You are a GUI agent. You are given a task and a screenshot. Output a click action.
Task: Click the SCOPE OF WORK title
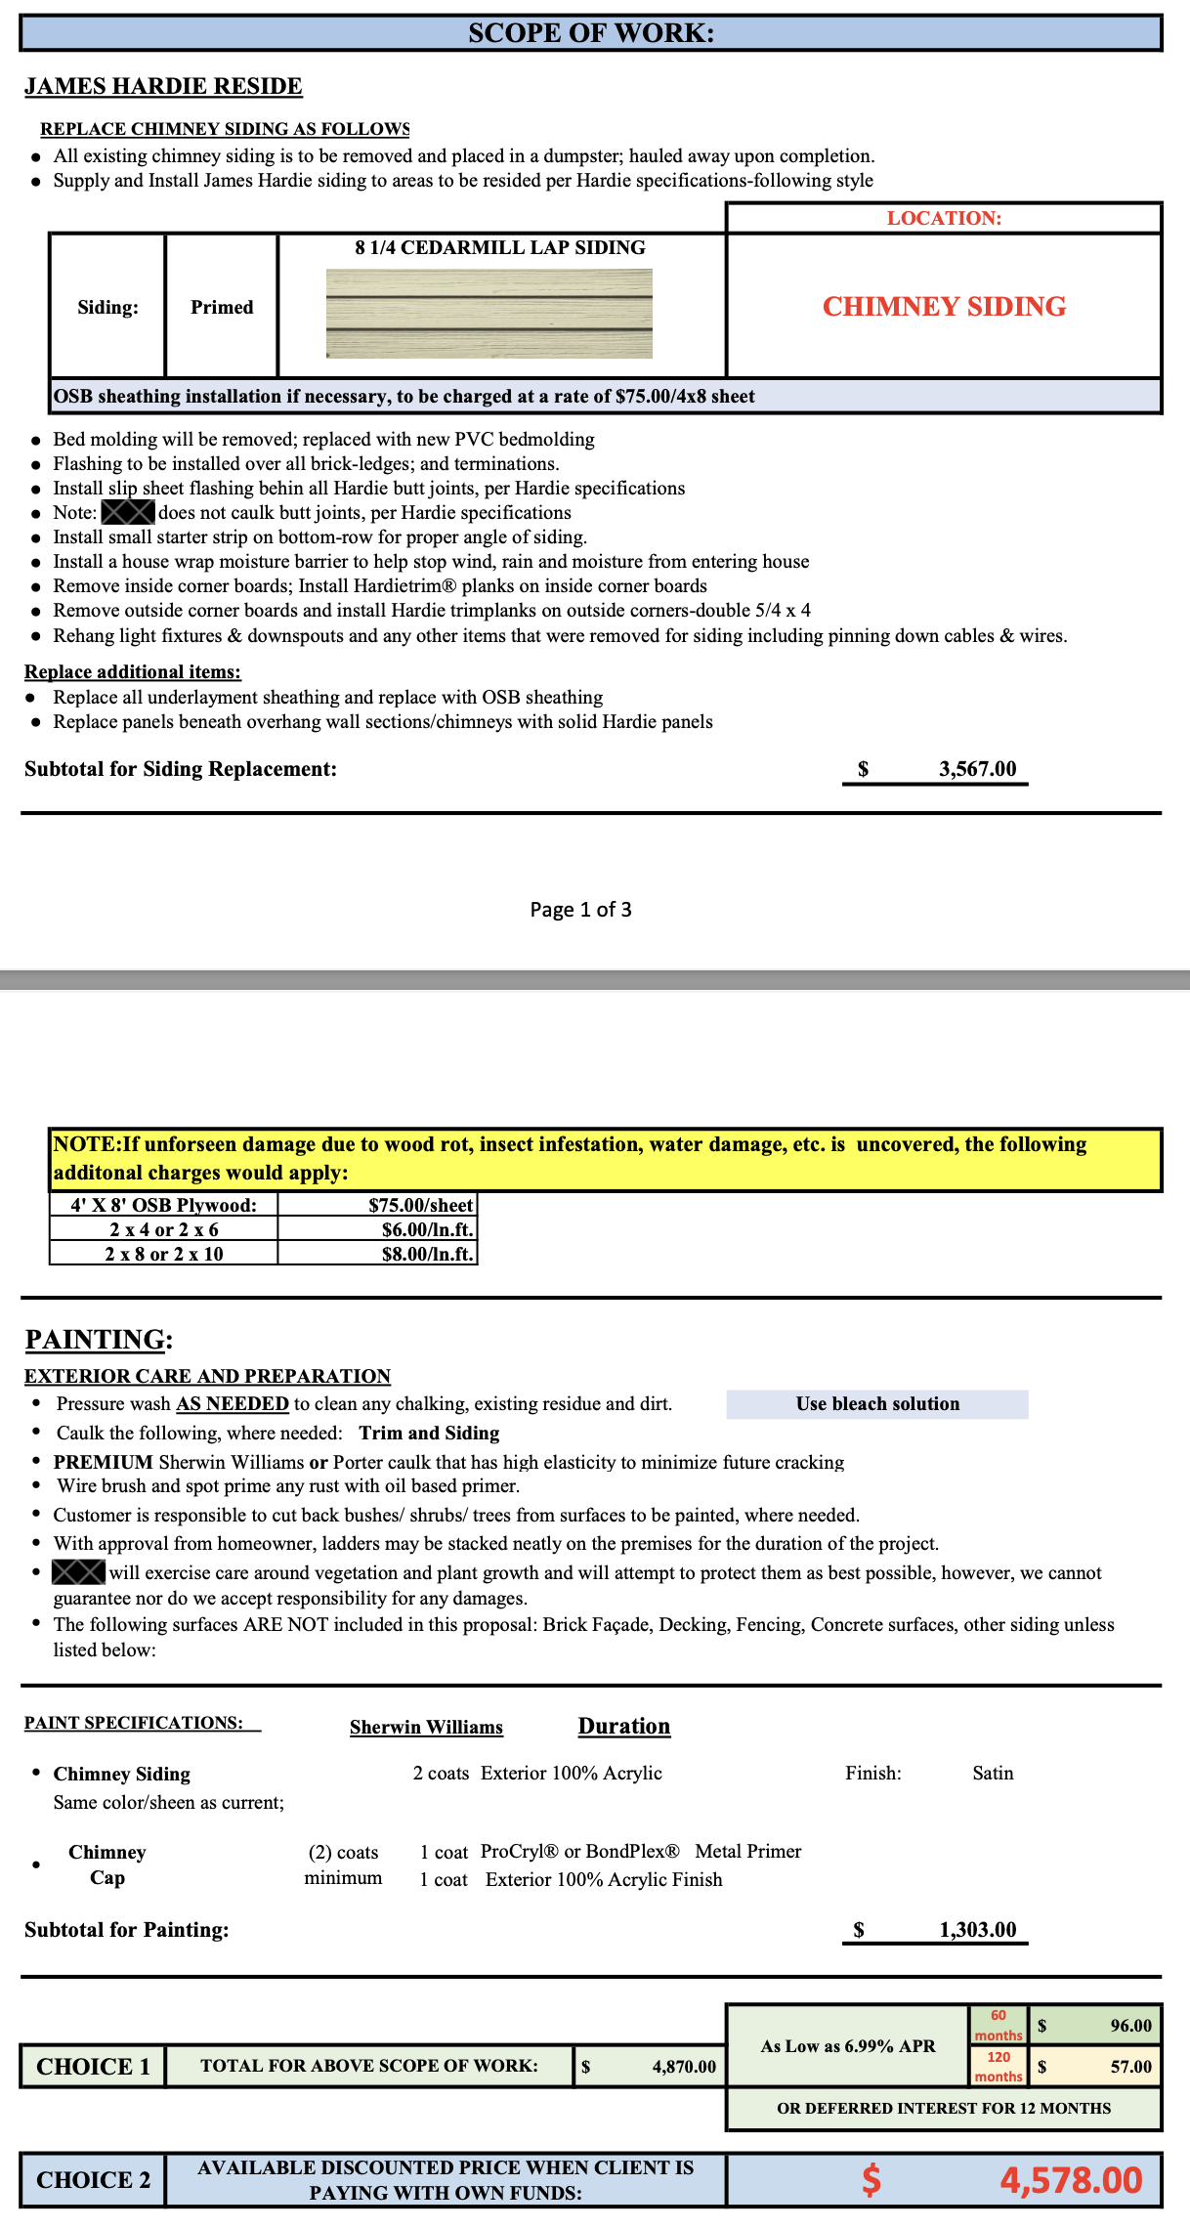click(591, 33)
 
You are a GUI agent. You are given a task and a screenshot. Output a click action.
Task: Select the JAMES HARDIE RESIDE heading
click(163, 86)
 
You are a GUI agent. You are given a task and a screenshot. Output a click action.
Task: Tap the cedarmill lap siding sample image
click(489, 314)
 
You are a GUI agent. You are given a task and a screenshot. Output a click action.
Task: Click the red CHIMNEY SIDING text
click(944, 306)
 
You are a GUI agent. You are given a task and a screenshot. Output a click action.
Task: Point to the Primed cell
click(222, 307)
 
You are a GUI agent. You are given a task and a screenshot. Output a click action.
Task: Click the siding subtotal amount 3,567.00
click(977, 769)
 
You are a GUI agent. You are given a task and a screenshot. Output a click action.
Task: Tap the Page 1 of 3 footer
click(580, 910)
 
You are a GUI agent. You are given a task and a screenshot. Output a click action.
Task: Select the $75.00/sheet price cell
click(420, 1205)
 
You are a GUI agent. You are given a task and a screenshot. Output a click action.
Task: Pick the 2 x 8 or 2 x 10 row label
click(164, 1254)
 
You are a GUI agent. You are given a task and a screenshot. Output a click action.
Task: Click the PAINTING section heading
click(99, 1339)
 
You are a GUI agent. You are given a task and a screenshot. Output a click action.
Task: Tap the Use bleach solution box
click(877, 1404)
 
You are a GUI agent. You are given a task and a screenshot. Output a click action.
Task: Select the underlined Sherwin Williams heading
click(426, 1727)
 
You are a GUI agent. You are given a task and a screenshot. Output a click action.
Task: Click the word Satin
click(993, 1773)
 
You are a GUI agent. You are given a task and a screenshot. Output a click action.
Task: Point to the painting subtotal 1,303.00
click(977, 1929)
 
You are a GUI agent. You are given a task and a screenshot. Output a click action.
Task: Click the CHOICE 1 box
click(93, 2067)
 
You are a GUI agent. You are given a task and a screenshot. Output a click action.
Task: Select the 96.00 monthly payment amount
click(1130, 2026)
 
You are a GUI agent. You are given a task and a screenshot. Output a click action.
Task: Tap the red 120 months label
click(998, 2067)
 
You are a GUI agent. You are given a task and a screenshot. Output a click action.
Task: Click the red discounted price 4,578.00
click(1071, 2180)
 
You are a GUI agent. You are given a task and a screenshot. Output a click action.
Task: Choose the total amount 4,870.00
click(684, 2067)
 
